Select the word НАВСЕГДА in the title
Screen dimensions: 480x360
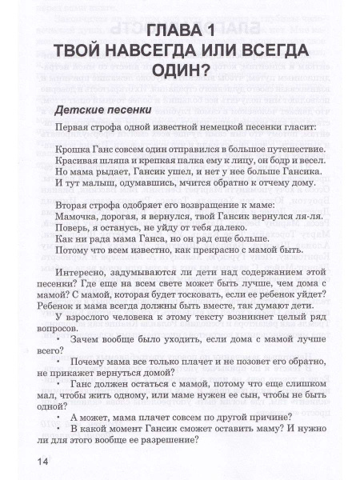point(142,54)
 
